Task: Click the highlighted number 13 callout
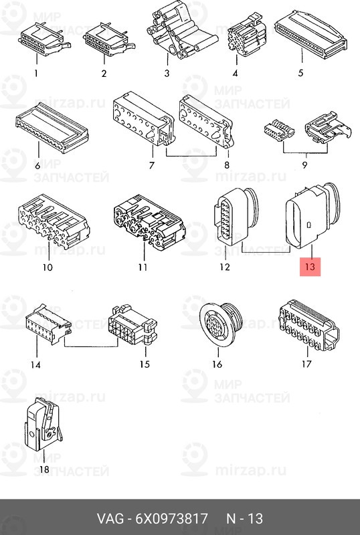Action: (310, 266)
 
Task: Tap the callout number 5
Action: (300, 73)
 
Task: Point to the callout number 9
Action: (304, 165)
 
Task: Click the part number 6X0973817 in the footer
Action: (171, 519)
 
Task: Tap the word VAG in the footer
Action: (110, 519)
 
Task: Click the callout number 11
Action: (143, 267)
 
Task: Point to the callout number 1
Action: (36, 73)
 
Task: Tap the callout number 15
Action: (145, 364)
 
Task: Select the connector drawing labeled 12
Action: (234, 216)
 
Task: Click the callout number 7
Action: (152, 165)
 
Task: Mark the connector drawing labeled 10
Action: (53, 221)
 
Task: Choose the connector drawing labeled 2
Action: (108, 39)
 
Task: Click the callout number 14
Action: (35, 364)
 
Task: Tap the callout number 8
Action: (227, 165)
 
